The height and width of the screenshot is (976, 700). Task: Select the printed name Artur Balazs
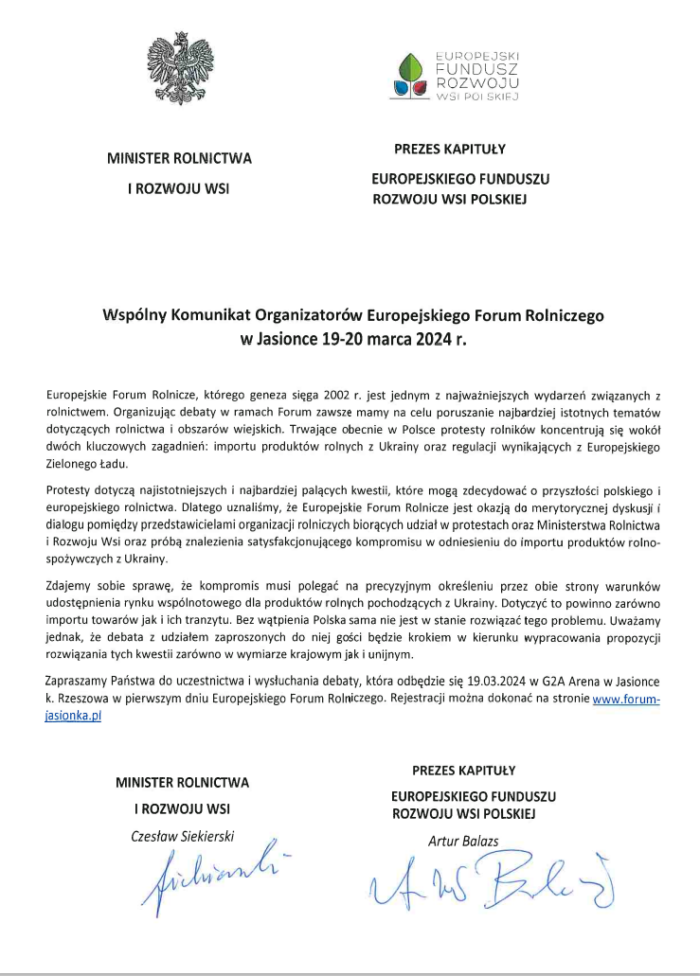click(463, 841)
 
